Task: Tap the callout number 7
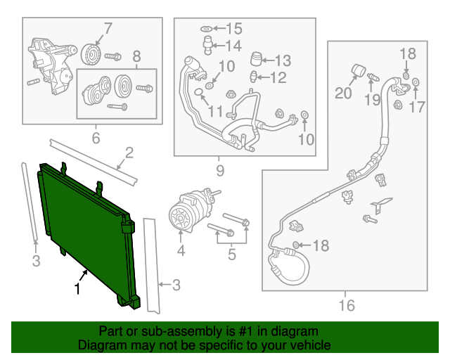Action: pyautogui.click(x=108, y=29)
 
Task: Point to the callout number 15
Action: pyautogui.click(x=233, y=29)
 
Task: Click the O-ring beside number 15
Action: pyautogui.click(x=205, y=29)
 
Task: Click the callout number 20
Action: pyautogui.click(x=343, y=92)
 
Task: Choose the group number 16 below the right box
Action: pyautogui.click(x=346, y=305)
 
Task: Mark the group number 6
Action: pyautogui.click(x=96, y=138)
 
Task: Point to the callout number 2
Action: pyautogui.click(x=129, y=153)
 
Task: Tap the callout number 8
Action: pyautogui.click(x=136, y=56)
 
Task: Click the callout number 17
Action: pyautogui.click(x=417, y=107)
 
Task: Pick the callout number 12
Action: pyautogui.click(x=278, y=77)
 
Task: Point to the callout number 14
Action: pyautogui.click(x=233, y=46)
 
